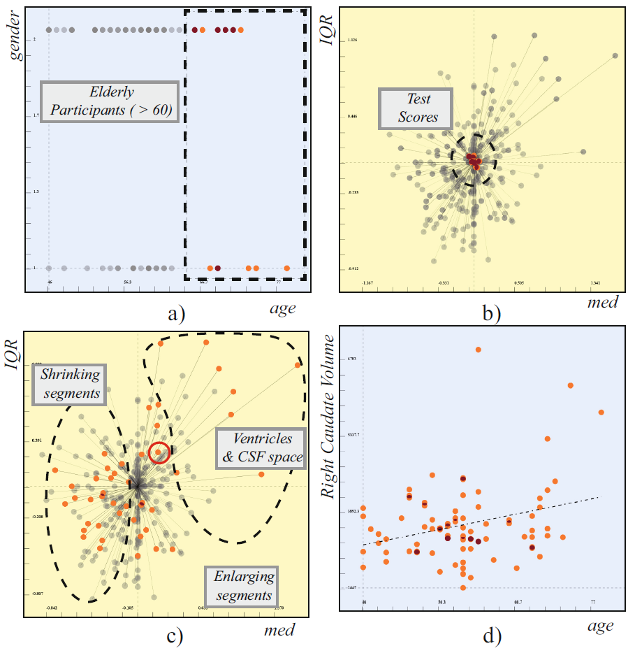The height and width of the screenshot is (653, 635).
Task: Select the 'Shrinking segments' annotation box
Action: pos(71,384)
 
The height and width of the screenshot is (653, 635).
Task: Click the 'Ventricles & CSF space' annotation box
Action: pos(260,448)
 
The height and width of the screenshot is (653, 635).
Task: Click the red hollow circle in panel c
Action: pos(159,452)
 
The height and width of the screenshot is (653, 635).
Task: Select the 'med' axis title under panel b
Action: pos(602,302)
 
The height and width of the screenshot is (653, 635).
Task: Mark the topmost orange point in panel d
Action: pos(479,350)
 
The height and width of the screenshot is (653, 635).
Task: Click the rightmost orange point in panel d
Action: pos(601,412)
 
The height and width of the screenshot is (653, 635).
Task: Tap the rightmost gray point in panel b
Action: pos(615,55)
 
